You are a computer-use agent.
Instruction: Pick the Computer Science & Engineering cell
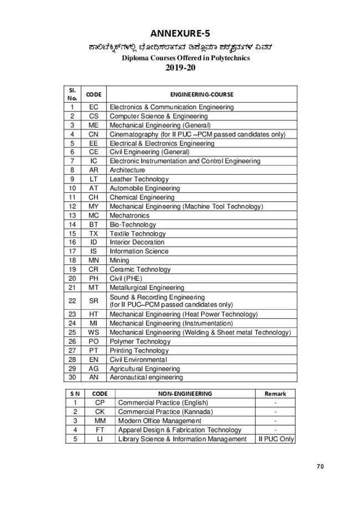coord(159,116)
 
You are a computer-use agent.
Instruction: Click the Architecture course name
coord(127,170)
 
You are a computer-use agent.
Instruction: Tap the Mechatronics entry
coord(128,215)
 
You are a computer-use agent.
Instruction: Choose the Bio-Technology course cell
coord(131,224)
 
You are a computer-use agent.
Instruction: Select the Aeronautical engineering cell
coord(146,377)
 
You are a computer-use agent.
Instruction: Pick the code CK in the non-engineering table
coord(100,411)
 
